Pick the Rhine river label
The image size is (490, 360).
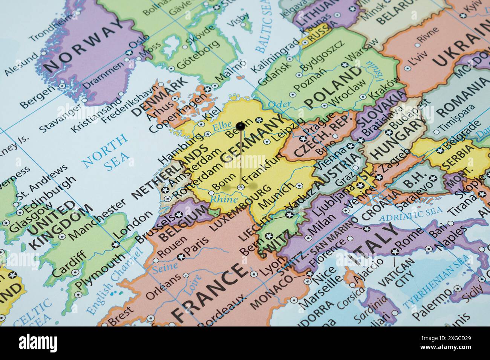(224, 199)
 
